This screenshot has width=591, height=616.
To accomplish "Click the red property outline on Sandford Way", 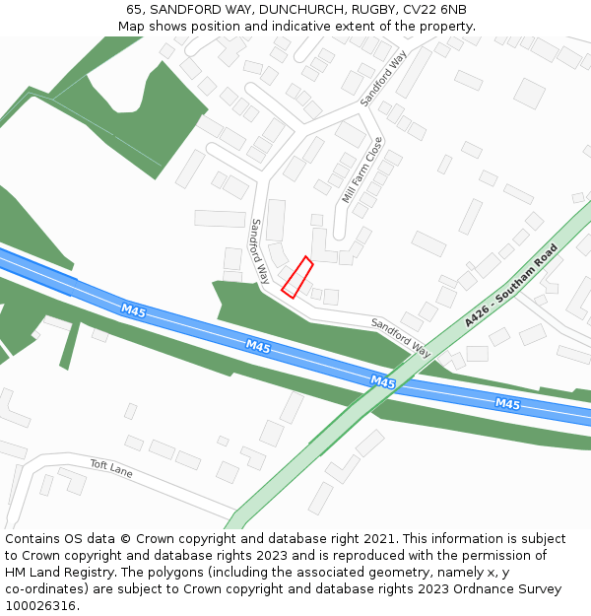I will [x=296, y=277].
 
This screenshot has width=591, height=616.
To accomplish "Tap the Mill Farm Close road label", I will [x=361, y=171].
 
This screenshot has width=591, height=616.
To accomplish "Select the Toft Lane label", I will [x=110, y=468].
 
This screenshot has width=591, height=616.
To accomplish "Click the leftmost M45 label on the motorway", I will [x=133, y=311].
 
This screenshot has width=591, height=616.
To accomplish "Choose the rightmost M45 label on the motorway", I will [x=507, y=404].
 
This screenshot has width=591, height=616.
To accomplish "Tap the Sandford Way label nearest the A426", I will [x=401, y=337].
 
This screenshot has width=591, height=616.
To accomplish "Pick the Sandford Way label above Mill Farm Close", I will [x=383, y=78].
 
